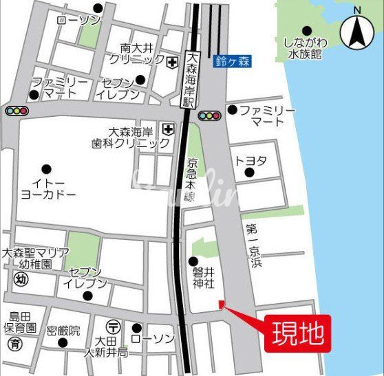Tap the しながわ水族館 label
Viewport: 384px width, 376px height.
coord(302,47)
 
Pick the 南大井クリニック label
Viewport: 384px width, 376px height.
coord(142,54)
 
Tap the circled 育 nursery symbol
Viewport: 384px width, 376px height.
coord(12,342)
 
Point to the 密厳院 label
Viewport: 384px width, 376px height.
coord(63,331)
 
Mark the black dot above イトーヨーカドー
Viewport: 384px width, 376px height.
coord(46,168)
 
